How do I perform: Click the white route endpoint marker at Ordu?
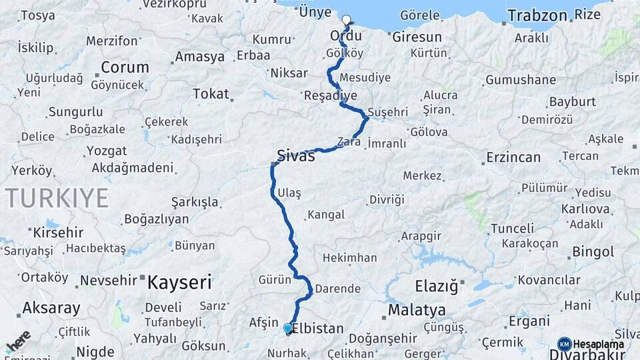[x=346, y=19]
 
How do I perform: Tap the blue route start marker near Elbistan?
[x=288, y=328]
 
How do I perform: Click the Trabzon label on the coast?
[x=537, y=15]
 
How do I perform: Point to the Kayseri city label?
[x=179, y=282]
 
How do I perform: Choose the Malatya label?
[x=417, y=310]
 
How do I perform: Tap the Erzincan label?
[x=513, y=157]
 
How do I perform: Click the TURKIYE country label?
[x=57, y=198]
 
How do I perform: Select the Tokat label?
[x=211, y=94]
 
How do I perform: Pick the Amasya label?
[x=199, y=57]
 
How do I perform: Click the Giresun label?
[x=417, y=37]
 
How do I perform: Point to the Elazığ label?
[x=437, y=287]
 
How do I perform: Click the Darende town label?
[x=337, y=289]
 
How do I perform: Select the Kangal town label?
[x=326, y=215]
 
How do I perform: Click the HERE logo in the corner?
[x=18, y=342]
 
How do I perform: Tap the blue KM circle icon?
[x=565, y=344]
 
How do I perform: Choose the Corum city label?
[x=125, y=67]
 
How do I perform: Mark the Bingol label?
[x=593, y=252]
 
